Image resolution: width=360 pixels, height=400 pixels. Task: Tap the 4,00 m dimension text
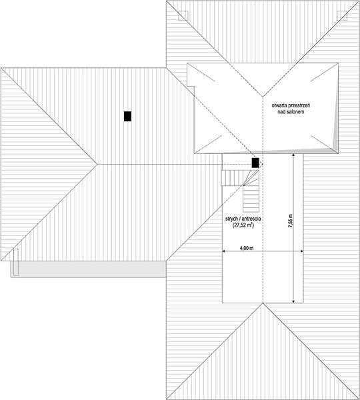[x=247, y=248]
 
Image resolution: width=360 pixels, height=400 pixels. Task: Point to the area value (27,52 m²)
[x=243, y=225]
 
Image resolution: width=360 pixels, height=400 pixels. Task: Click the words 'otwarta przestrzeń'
[x=291, y=105]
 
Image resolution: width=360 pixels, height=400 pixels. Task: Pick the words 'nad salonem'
[x=291, y=112]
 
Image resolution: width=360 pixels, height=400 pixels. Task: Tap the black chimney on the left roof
[x=127, y=116]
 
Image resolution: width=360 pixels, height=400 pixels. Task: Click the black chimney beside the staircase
[x=255, y=163]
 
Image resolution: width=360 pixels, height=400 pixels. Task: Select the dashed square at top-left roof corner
[x=183, y=16]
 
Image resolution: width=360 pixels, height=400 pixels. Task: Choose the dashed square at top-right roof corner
[x=342, y=16]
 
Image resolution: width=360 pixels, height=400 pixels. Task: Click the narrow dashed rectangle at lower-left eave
[x=16, y=262]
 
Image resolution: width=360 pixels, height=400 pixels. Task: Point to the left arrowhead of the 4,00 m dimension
[x=223, y=251]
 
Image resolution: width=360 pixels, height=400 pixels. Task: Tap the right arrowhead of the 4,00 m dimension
[x=302, y=251]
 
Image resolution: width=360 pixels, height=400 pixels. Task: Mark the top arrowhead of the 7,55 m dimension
[x=293, y=155]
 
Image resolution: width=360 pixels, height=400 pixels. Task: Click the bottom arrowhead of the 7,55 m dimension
[x=293, y=301]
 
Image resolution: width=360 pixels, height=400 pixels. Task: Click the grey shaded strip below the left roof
[x=88, y=269]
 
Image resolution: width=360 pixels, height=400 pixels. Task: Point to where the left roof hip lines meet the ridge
[x=97, y=164]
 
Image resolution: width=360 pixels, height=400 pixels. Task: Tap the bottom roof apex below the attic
[x=263, y=303]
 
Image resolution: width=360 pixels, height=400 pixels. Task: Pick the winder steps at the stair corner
[x=251, y=178]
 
